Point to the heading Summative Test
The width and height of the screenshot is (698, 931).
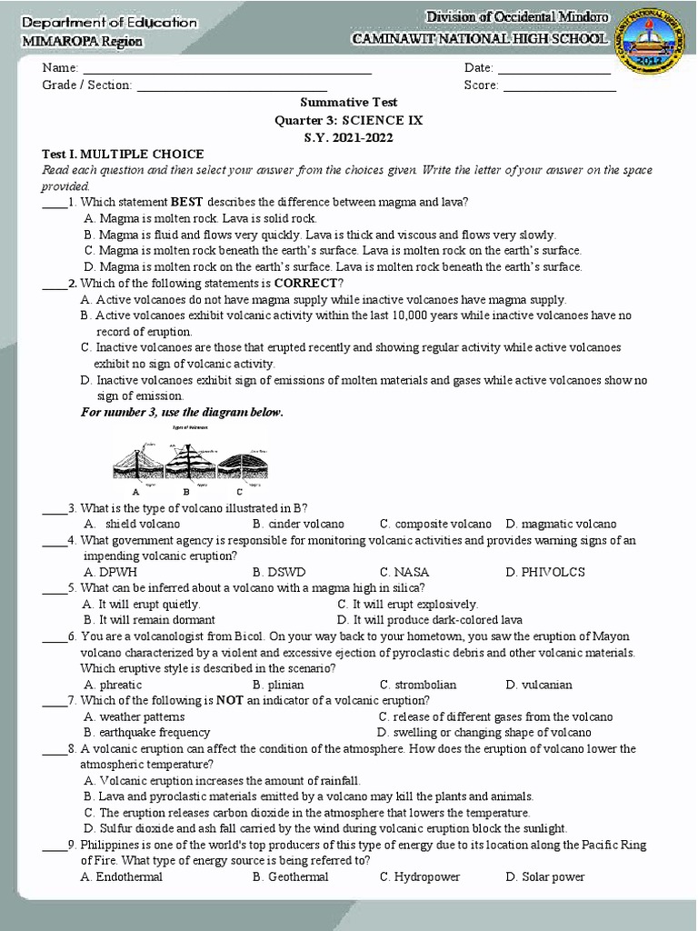coord(349,103)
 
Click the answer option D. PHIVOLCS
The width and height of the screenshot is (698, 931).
coord(545,572)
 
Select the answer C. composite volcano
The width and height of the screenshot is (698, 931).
coord(435,524)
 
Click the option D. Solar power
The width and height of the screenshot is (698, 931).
coord(545,876)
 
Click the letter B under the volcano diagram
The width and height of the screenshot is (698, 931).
coord(186,491)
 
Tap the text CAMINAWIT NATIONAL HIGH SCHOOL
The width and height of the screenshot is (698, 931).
coord(481,39)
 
